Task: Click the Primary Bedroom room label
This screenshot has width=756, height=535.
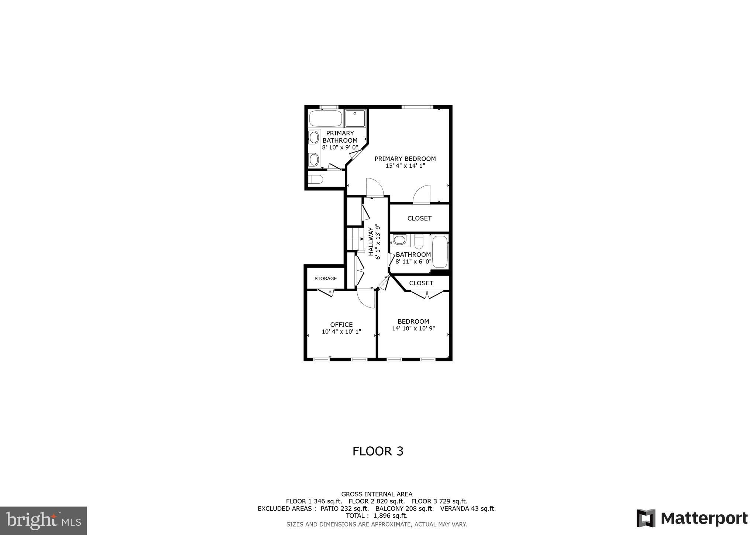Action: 405,159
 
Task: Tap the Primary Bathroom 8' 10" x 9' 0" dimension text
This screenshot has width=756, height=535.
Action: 340,147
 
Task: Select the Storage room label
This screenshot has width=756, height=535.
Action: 326,279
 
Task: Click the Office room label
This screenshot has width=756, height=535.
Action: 341,325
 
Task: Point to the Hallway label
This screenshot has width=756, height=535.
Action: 371,241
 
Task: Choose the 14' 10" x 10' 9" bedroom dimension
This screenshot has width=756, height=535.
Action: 413,328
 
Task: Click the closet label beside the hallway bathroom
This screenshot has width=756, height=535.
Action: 419,218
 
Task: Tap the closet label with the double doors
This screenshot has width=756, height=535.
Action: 421,283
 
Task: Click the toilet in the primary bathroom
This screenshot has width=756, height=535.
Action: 316,180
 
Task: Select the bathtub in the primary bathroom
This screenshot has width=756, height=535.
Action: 326,118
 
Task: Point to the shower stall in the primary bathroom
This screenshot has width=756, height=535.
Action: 355,118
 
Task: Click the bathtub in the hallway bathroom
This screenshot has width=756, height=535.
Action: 440,252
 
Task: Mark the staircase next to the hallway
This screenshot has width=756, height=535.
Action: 355,239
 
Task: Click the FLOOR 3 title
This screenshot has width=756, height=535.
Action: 378,451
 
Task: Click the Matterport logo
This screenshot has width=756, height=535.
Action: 692,518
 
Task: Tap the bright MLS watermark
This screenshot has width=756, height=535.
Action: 44,521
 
